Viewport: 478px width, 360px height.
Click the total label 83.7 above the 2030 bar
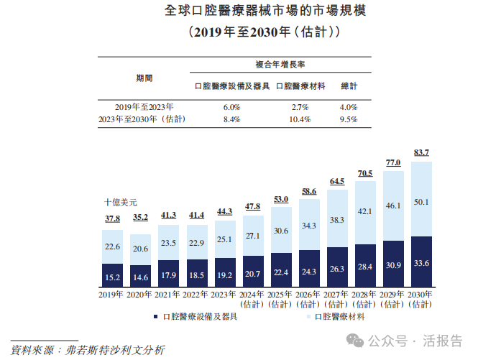click(x=422, y=152)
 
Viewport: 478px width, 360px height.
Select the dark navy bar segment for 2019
click(x=112, y=275)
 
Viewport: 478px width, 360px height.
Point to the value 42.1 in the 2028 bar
click(x=366, y=212)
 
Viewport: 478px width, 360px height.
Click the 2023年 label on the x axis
click(x=225, y=294)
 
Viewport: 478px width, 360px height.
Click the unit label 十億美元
click(x=120, y=202)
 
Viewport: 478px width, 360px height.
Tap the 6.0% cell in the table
click(x=231, y=107)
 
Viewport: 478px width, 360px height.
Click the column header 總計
click(x=349, y=86)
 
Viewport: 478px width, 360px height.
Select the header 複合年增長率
click(x=280, y=64)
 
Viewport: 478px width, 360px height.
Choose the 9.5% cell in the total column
click(x=348, y=120)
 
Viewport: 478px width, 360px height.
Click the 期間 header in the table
click(x=144, y=77)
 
